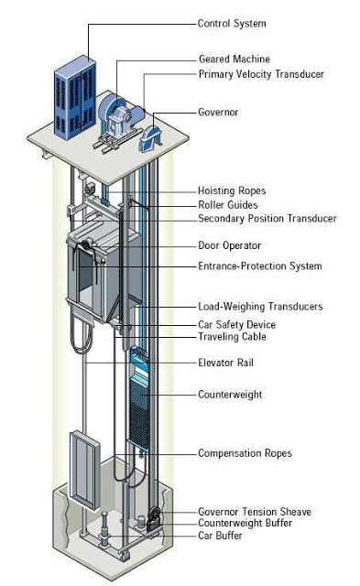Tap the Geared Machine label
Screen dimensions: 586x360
tap(234, 60)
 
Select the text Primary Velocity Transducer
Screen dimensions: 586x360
tap(261, 74)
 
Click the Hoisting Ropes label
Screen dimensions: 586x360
tap(232, 191)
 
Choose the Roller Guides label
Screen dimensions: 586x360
tap(228, 205)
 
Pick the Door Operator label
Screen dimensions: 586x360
tap(230, 245)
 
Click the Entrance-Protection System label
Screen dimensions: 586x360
tap(260, 266)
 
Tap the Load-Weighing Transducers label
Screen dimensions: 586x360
tap(260, 307)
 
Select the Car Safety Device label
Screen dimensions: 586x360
tap(236, 324)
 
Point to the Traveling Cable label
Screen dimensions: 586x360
tap(233, 337)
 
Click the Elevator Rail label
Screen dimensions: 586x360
tap(225, 363)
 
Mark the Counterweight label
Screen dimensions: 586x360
tap(231, 395)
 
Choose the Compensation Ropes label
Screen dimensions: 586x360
tap(245, 452)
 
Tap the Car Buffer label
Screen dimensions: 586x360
tap(221, 535)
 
